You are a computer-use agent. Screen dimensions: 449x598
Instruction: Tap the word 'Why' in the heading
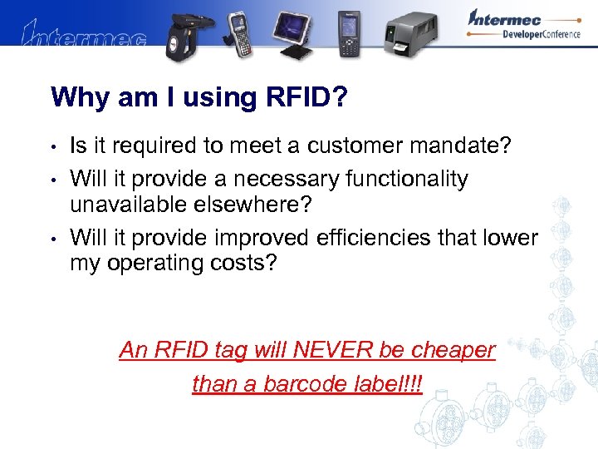76,97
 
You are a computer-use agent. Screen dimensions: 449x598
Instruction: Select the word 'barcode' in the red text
306,383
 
